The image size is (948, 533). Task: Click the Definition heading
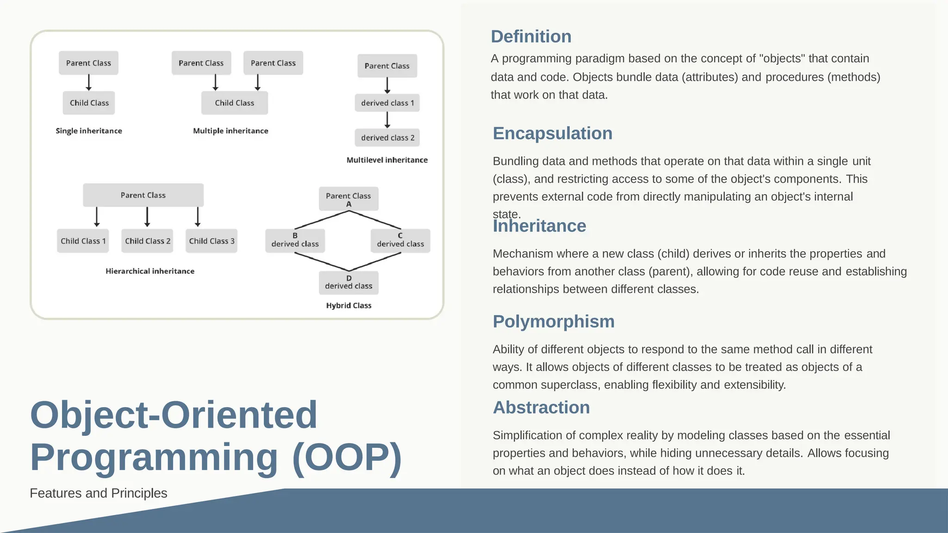[531, 37]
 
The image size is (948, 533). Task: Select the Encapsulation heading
[552, 133]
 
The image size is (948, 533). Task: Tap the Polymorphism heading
[553, 322]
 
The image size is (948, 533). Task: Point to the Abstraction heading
[541, 408]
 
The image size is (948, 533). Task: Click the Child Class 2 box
[147, 241]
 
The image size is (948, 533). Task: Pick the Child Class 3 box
[212, 241]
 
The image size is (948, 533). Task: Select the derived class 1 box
[387, 103]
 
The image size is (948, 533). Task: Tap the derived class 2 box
[387, 137]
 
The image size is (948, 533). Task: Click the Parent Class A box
[349, 199]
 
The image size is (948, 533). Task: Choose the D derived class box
[349, 283]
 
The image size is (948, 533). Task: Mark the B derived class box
[295, 241]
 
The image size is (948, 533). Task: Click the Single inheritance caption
[89, 131]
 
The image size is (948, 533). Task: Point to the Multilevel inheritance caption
[387, 160]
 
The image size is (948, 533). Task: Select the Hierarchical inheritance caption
[150, 271]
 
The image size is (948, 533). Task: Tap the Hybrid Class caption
[349, 305]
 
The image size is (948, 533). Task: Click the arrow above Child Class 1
[97, 217]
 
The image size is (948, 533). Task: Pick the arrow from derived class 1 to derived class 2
[387, 120]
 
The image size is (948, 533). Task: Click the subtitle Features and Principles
[99, 493]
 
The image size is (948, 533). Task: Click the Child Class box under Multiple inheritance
[234, 103]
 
